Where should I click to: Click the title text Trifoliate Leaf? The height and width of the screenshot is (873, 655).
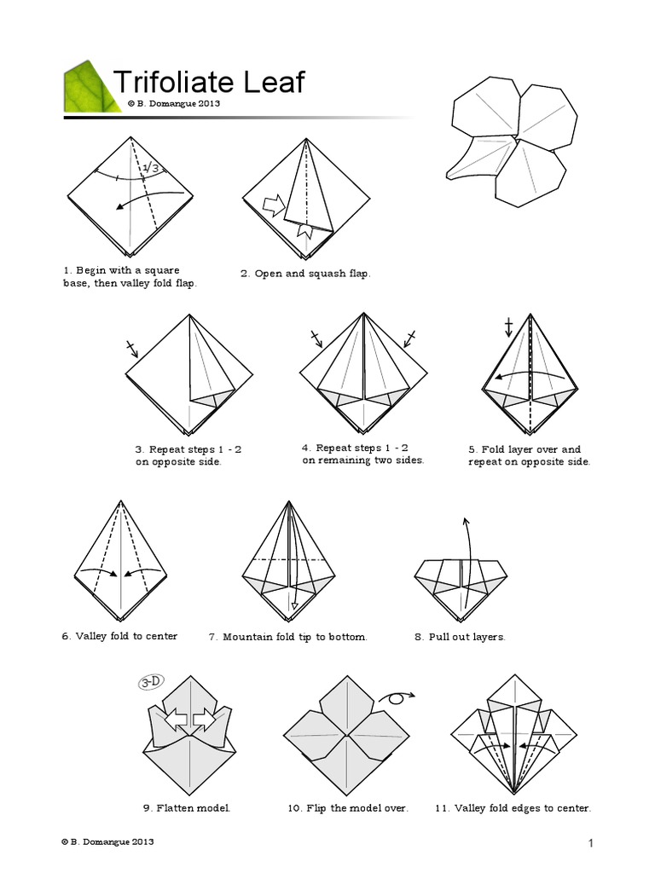point(209,83)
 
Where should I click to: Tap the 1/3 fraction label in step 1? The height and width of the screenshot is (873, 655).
point(152,169)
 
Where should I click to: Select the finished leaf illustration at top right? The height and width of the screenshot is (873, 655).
point(507,144)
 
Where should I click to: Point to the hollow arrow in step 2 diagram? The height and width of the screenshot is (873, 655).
point(273,205)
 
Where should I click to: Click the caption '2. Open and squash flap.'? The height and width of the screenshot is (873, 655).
point(305,274)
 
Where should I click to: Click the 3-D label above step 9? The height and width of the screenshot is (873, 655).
point(154,681)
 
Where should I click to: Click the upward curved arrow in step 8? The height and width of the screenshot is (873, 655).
point(466,563)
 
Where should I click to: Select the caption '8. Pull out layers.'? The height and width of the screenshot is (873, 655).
point(460,637)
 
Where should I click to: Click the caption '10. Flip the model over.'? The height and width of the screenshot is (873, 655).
point(348,807)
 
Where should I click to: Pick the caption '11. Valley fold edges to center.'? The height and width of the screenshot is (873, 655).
point(513,807)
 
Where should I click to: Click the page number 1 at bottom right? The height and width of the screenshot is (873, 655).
point(589,843)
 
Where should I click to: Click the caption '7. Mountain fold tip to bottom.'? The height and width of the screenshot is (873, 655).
point(288,637)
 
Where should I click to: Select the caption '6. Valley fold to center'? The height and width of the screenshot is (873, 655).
point(119,636)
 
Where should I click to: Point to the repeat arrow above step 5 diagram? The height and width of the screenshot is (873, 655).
point(509,328)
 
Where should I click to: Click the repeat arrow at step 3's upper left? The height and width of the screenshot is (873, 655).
point(131,348)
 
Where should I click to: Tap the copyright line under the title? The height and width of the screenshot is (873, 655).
point(175,103)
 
